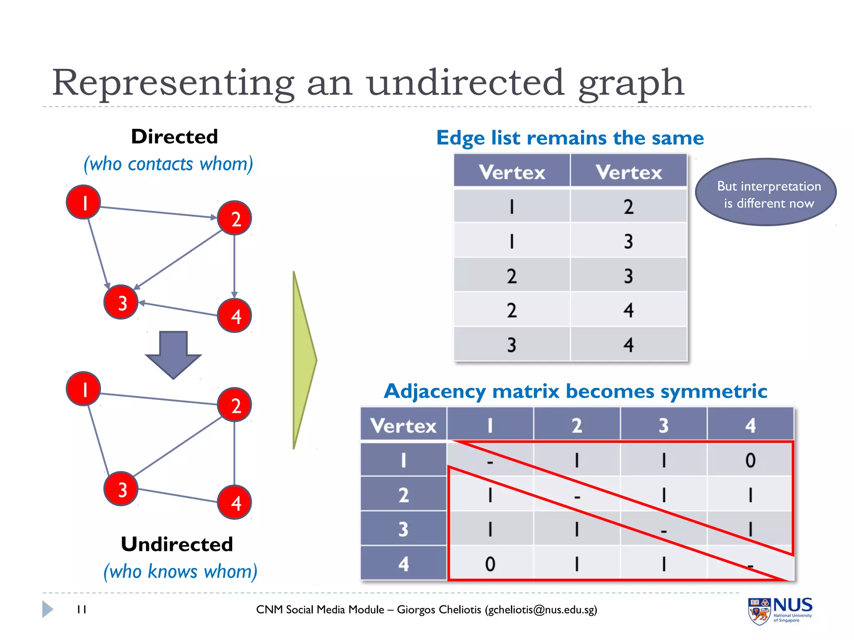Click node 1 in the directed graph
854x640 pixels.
tap(83, 202)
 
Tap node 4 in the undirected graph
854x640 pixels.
tap(235, 502)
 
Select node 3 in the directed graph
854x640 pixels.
tap(121, 302)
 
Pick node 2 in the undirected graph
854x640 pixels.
tap(235, 405)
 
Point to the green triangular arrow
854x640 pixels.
tap(304, 360)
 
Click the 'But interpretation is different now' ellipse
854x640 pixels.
tap(766, 193)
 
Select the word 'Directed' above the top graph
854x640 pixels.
tap(174, 137)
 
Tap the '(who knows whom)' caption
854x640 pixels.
tap(180, 571)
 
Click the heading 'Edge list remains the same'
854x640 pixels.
tap(570, 138)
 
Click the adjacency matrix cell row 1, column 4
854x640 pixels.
tap(750, 460)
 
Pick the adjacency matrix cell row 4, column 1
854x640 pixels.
tap(490, 564)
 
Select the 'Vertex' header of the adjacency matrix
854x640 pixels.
tap(403, 425)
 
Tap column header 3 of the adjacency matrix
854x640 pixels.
tap(663, 425)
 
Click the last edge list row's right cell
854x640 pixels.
tap(628, 345)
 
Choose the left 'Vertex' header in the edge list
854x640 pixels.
tap(512, 172)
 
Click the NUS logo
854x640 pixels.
tap(780, 610)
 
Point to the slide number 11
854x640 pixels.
tap(81, 610)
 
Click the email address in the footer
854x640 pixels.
tap(541, 610)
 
